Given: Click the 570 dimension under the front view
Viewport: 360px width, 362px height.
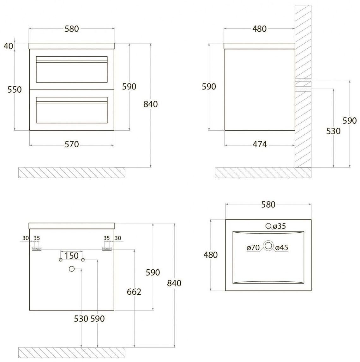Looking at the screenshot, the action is pos(72,144).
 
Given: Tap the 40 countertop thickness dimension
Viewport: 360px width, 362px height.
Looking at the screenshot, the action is pos(9,46).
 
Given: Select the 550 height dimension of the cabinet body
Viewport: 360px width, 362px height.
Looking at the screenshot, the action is pos(15,89).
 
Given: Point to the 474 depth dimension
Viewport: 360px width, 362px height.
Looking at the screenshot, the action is pos(260,144).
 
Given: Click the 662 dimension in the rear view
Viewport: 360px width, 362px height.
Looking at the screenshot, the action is pos(134,292).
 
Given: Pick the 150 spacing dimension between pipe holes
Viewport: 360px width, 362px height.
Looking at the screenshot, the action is pos(71,256).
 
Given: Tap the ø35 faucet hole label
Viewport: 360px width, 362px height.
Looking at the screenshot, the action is pos(279,226).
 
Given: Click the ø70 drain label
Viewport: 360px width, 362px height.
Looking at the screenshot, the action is pos(253,248).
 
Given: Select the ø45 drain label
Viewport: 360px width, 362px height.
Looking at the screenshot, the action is pos(282,248).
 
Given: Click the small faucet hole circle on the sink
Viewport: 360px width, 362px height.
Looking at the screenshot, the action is pos(268,226).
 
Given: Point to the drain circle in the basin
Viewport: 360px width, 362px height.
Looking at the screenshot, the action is pos(268,246).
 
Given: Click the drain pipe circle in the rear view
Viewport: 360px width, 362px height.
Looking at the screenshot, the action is pos(72,269).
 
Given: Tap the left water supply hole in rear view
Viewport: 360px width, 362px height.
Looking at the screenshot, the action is pos(61,260).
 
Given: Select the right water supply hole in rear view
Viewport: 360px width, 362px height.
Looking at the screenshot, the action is pos(83,260).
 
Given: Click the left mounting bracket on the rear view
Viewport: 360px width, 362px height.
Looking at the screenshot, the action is pos(36,249).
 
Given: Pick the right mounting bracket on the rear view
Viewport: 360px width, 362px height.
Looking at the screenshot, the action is pos(107,249).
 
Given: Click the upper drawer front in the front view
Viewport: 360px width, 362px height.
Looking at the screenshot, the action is pos(72,69).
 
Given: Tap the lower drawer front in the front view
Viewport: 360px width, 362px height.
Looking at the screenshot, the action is pos(72,110).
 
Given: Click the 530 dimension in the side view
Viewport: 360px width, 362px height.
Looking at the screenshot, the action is pos(333,131).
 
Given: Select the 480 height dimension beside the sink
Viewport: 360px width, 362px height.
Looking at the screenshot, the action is pos(211,255).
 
